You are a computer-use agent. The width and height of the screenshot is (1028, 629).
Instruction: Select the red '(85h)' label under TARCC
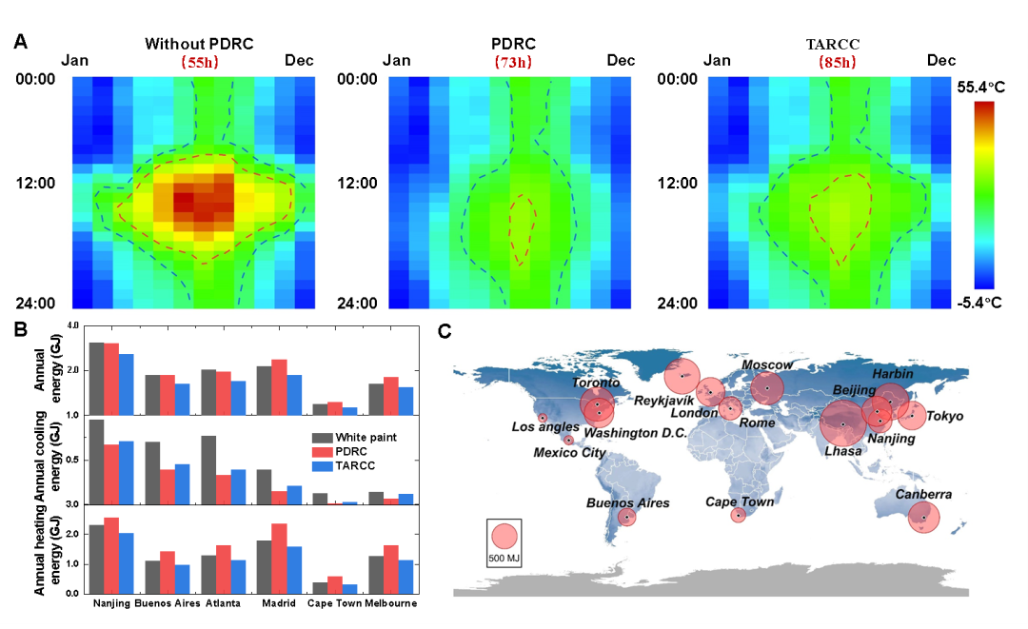[837, 63]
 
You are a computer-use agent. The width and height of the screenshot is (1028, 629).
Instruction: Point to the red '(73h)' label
[513, 63]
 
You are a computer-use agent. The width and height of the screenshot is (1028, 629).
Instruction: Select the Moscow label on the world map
[767, 365]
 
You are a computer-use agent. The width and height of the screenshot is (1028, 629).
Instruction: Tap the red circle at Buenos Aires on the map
[626, 517]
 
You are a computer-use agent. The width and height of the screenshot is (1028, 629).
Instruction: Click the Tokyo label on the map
[944, 417]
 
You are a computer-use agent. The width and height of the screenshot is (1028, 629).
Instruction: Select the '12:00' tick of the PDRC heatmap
[357, 183]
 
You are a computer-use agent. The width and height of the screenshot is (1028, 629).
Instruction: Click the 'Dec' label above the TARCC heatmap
[941, 61]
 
